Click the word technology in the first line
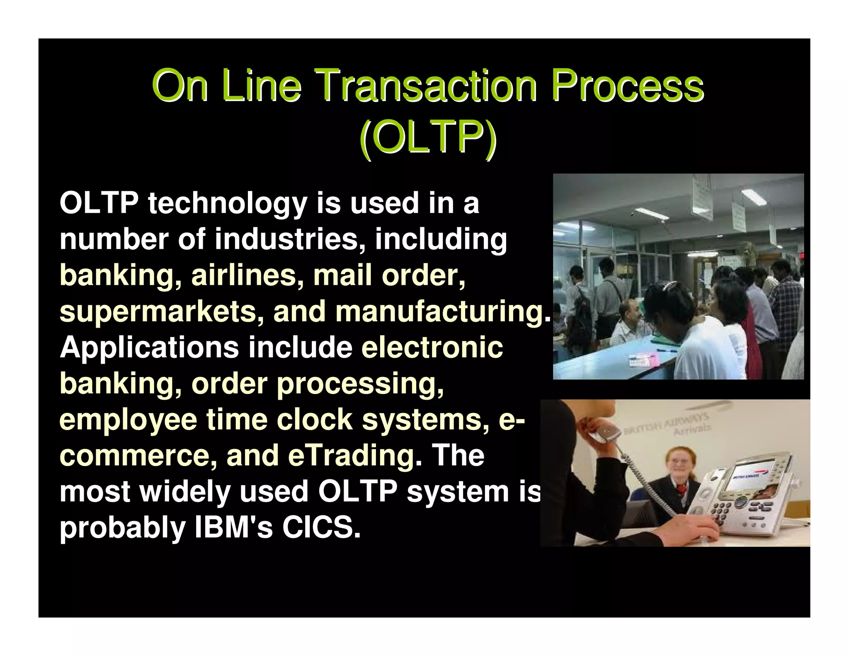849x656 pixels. [228, 204]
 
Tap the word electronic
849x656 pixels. [432, 347]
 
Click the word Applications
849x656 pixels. [149, 347]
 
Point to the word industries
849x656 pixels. [286, 240]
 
